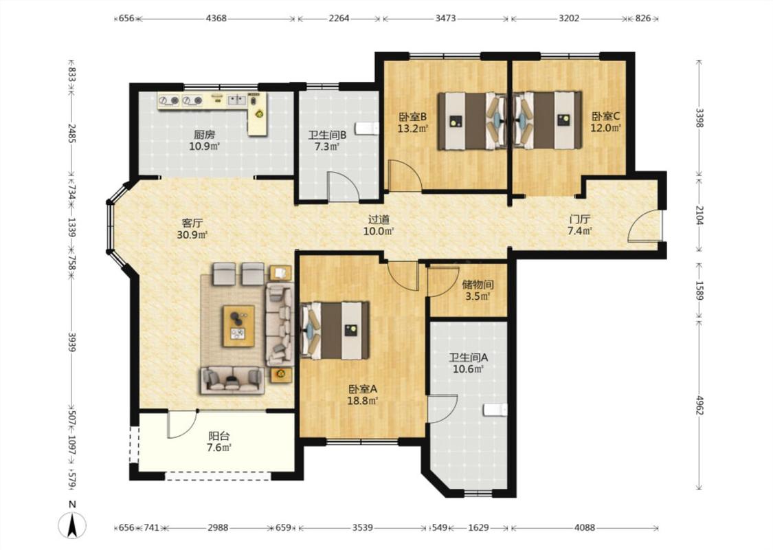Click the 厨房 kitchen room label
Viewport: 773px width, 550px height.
204,134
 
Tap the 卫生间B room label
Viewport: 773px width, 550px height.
327,135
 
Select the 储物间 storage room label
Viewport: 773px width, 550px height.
478,285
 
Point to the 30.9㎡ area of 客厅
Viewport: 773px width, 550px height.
192,235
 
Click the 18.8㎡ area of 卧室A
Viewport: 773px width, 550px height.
362,401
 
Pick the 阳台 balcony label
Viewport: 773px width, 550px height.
219,436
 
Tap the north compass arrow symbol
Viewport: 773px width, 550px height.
72,525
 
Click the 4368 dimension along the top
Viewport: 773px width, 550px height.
216,19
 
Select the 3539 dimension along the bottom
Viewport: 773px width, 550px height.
362,527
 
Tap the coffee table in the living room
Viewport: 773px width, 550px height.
238,326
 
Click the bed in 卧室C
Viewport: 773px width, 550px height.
548,120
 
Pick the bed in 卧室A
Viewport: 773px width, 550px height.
335,331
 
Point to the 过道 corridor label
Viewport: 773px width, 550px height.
379,219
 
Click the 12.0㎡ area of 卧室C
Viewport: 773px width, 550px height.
605,128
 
